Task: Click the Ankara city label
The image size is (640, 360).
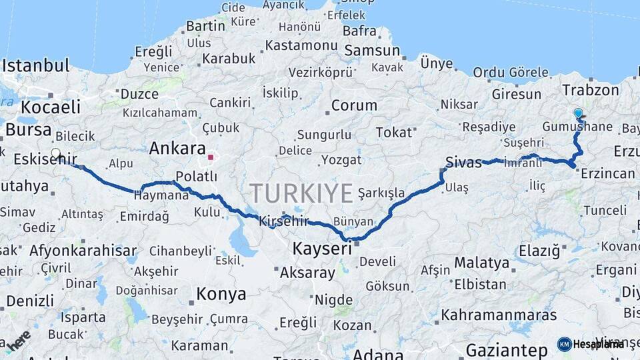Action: coord(177,148)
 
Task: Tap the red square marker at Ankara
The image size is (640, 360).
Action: coord(211,157)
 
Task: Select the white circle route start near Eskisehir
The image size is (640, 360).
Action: coord(56,153)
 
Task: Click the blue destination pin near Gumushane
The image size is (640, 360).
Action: coord(577,114)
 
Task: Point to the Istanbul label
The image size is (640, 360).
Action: coord(36,66)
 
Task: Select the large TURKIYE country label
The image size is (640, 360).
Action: coord(301,193)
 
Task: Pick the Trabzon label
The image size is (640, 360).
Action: coord(590,90)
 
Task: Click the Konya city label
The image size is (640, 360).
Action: coord(221,293)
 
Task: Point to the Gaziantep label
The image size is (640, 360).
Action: coord(507,350)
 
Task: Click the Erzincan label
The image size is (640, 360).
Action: coord(607,173)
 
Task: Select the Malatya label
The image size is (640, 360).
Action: coord(482,262)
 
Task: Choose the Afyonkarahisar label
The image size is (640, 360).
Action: coord(83,251)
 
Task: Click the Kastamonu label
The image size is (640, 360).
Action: coord(301,45)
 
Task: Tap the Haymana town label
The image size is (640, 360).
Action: coord(161,196)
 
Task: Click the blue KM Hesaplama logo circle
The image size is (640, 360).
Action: coord(564,344)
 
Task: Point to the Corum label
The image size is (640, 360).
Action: coord(354,105)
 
